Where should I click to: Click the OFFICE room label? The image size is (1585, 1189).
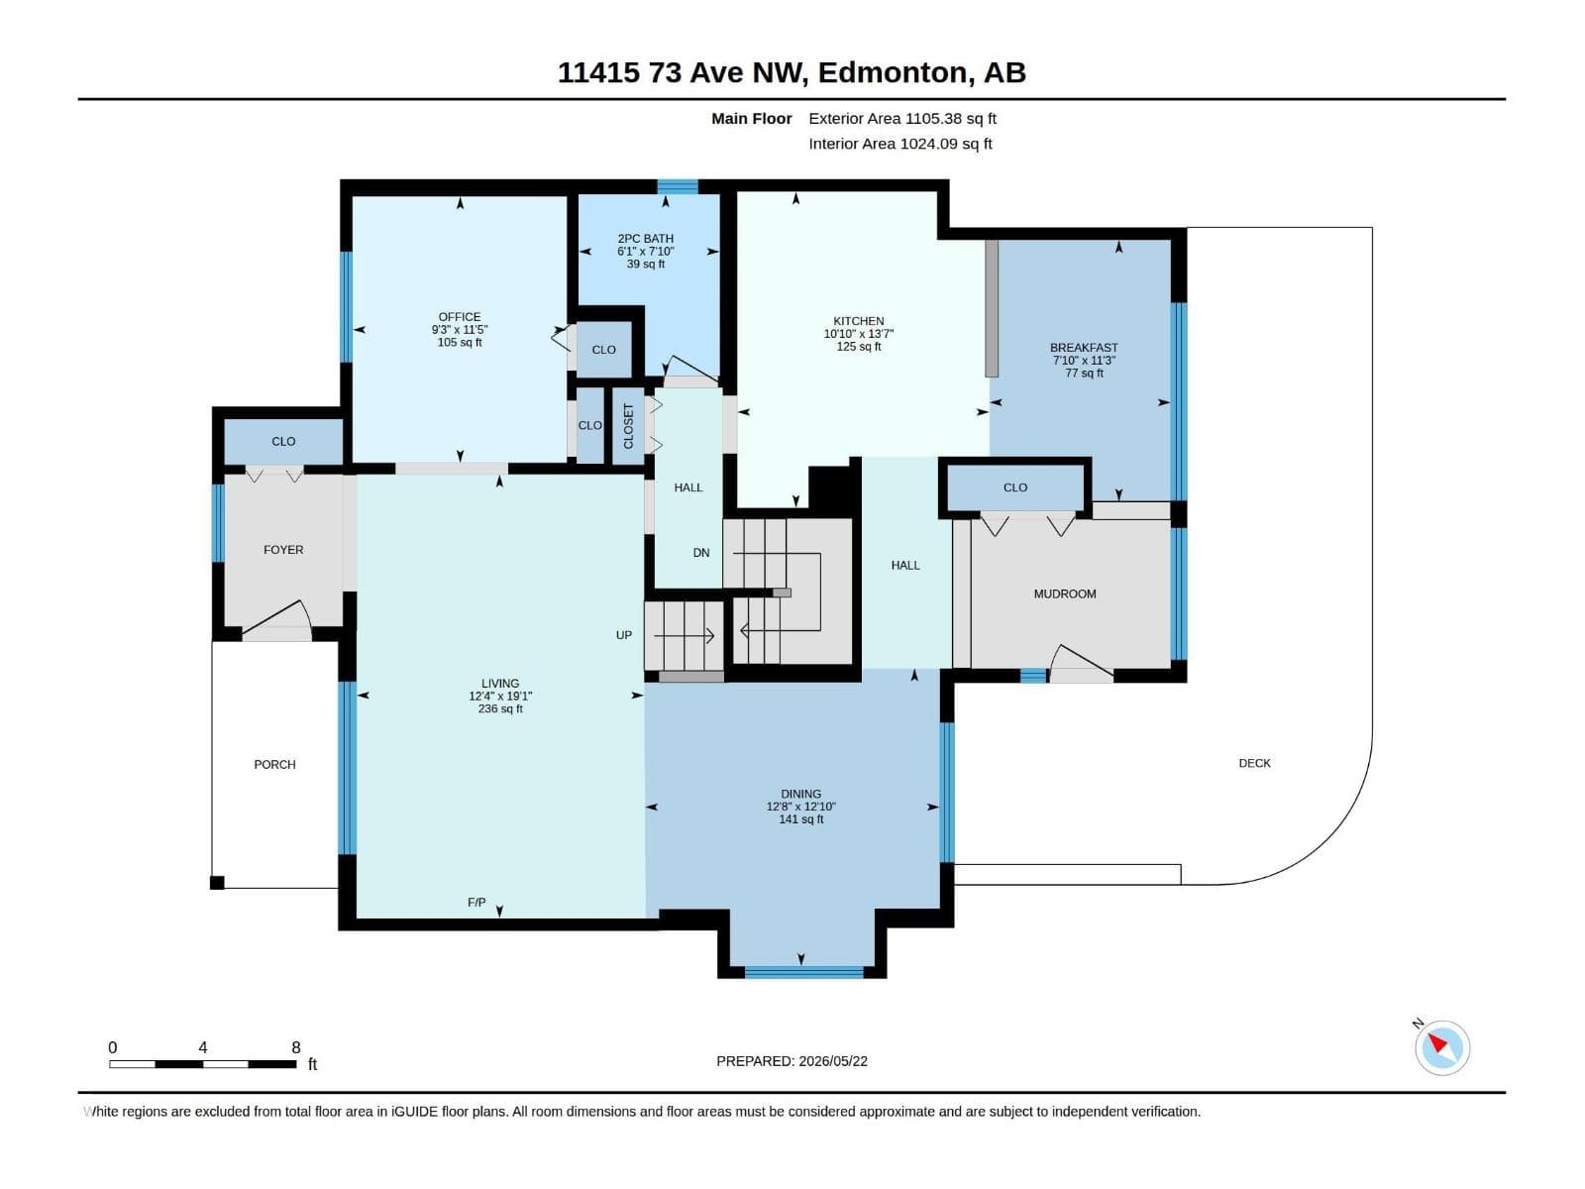click(460, 317)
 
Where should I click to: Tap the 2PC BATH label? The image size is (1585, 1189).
click(646, 238)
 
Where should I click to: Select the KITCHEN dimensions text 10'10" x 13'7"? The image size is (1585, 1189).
click(859, 334)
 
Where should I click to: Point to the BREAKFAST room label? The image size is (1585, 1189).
click(1084, 347)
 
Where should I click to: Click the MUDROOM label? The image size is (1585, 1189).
click(1065, 594)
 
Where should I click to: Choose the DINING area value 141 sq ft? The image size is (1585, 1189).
click(800, 819)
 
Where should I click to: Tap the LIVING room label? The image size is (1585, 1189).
click(499, 683)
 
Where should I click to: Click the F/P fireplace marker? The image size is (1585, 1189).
click(476, 902)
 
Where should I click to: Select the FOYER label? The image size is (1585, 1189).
click(283, 549)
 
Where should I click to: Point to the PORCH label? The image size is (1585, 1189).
click(274, 764)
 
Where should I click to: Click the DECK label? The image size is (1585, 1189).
click(1254, 762)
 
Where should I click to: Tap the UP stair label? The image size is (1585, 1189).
click(624, 634)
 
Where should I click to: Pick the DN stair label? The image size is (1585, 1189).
click(701, 552)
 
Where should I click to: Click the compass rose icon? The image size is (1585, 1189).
click(1442, 1047)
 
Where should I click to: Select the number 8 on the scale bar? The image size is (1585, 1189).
click(296, 1046)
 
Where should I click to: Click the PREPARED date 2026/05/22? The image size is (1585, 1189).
click(832, 1060)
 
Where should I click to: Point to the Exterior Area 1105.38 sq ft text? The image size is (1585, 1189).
click(901, 118)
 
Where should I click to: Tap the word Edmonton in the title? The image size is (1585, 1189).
click(892, 72)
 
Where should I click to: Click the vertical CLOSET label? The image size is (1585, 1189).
click(628, 426)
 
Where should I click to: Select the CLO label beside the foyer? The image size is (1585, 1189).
click(283, 441)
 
